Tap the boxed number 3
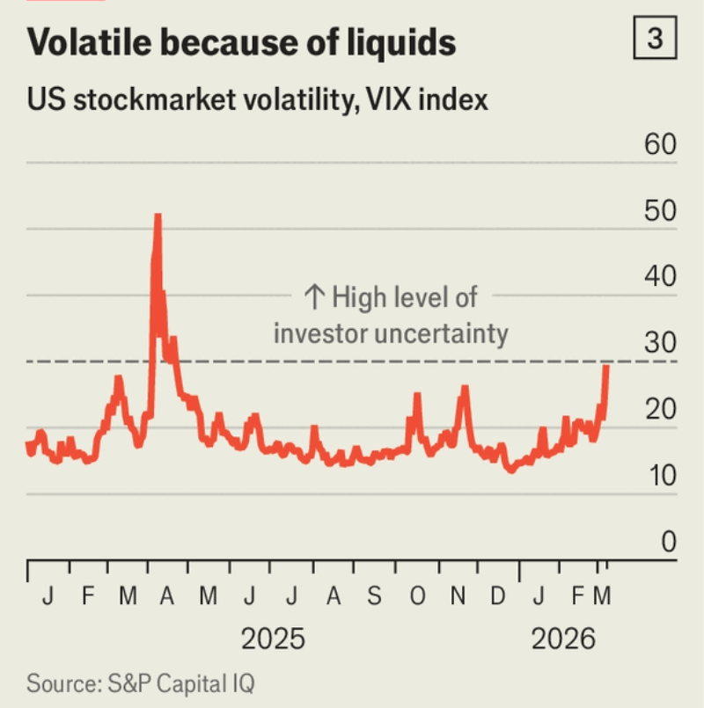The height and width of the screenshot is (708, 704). pos(654,40)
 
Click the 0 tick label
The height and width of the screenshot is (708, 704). pos(668,543)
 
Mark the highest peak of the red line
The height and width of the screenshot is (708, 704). pos(158,215)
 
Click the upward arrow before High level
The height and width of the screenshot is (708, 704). pos(315,298)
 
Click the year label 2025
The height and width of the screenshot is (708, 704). pos(273,638)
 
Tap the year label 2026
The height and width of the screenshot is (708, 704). pos(563,638)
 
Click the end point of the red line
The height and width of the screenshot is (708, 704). pos(606,366)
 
